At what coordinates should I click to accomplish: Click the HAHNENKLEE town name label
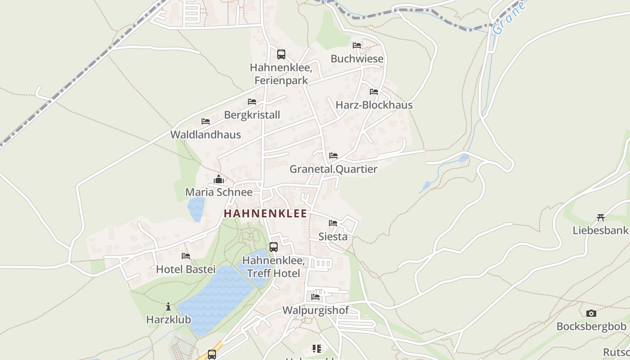[x=265, y=213]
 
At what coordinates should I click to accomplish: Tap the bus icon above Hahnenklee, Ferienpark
[x=281, y=54]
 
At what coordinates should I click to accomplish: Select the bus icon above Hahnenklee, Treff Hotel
[x=274, y=247]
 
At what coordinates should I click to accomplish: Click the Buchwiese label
[x=357, y=59]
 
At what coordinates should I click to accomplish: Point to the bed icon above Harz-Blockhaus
[x=374, y=92]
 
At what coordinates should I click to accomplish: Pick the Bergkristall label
[x=252, y=115]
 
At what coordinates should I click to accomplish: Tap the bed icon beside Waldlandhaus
[x=206, y=121]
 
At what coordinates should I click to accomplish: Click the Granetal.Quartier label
[x=333, y=169]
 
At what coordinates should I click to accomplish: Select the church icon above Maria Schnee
[x=219, y=179]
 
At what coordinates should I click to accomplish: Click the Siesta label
[x=333, y=236]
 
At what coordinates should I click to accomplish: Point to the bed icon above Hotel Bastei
[x=186, y=256]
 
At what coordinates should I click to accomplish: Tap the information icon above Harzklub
[x=168, y=307]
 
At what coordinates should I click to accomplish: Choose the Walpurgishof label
[x=315, y=310]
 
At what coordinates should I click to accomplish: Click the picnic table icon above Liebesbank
[x=600, y=218]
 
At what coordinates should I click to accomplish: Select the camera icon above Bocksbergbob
[x=591, y=313]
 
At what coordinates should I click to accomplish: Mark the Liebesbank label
[x=600, y=230]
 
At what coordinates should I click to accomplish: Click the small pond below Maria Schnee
[x=196, y=209]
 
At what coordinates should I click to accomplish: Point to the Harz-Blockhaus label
[x=374, y=105]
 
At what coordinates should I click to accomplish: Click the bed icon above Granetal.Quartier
[x=333, y=156]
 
